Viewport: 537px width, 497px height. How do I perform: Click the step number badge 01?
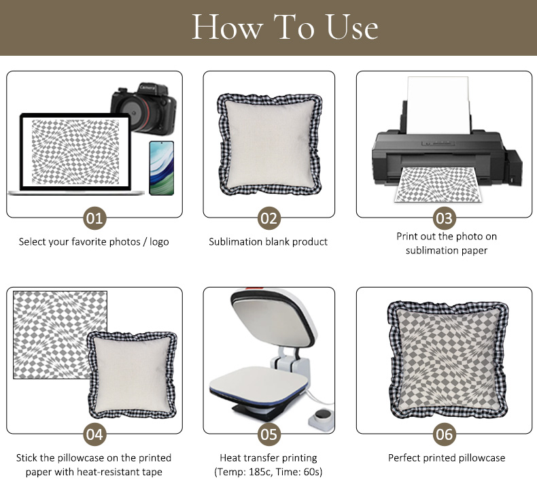point(94,218)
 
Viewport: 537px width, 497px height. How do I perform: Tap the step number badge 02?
point(269,218)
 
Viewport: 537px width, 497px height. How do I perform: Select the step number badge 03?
point(444,218)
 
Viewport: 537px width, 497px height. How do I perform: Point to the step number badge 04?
point(94,434)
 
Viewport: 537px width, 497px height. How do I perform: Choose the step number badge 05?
point(269,434)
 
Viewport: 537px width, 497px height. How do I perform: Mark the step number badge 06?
point(444,434)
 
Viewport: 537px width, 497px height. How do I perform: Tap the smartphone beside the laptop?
point(161,168)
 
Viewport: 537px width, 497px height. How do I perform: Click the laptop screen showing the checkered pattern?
point(75,152)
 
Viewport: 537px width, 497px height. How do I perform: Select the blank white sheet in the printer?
point(438,105)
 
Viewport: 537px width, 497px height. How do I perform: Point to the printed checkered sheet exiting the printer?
point(438,184)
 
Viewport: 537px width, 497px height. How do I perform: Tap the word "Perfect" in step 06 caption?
point(404,458)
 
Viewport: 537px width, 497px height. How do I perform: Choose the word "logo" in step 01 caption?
point(159,242)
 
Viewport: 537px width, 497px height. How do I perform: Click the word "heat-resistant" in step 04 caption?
point(108,472)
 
